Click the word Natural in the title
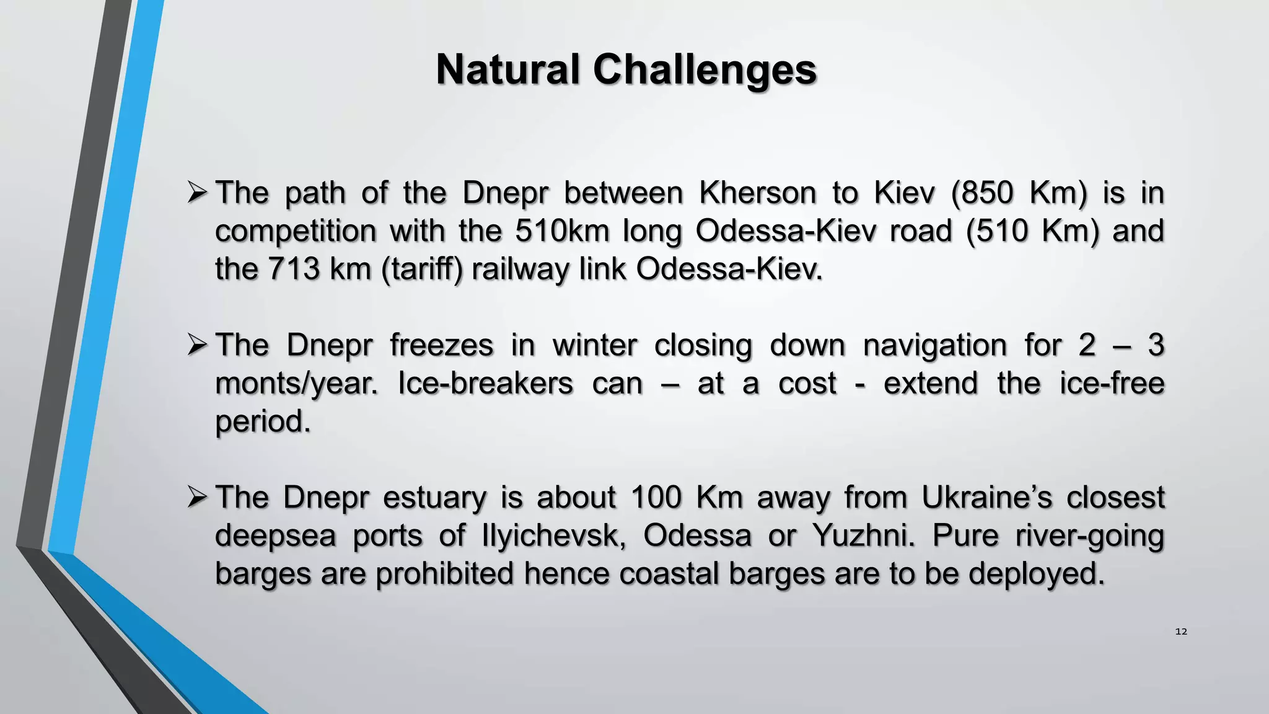(507, 69)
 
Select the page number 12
(1181, 632)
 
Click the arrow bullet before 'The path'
(197, 193)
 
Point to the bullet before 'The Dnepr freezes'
(197, 345)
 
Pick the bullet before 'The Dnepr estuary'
(197, 497)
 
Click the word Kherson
(757, 193)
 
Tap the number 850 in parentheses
(988, 193)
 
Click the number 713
(294, 269)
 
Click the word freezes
(441, 345)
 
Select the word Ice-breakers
(485, 383)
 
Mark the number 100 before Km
(656, 497)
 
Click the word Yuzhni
(863, 535)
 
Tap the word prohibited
(444, 573)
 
